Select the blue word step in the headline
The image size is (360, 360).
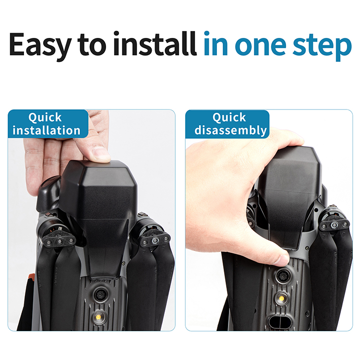322,46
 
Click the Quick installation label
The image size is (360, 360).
48,124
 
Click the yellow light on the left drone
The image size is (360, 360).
98,317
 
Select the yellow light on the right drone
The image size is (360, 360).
281,299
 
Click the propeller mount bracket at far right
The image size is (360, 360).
335,225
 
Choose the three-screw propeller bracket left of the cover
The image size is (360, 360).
60,241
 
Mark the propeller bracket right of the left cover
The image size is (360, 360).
156,240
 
